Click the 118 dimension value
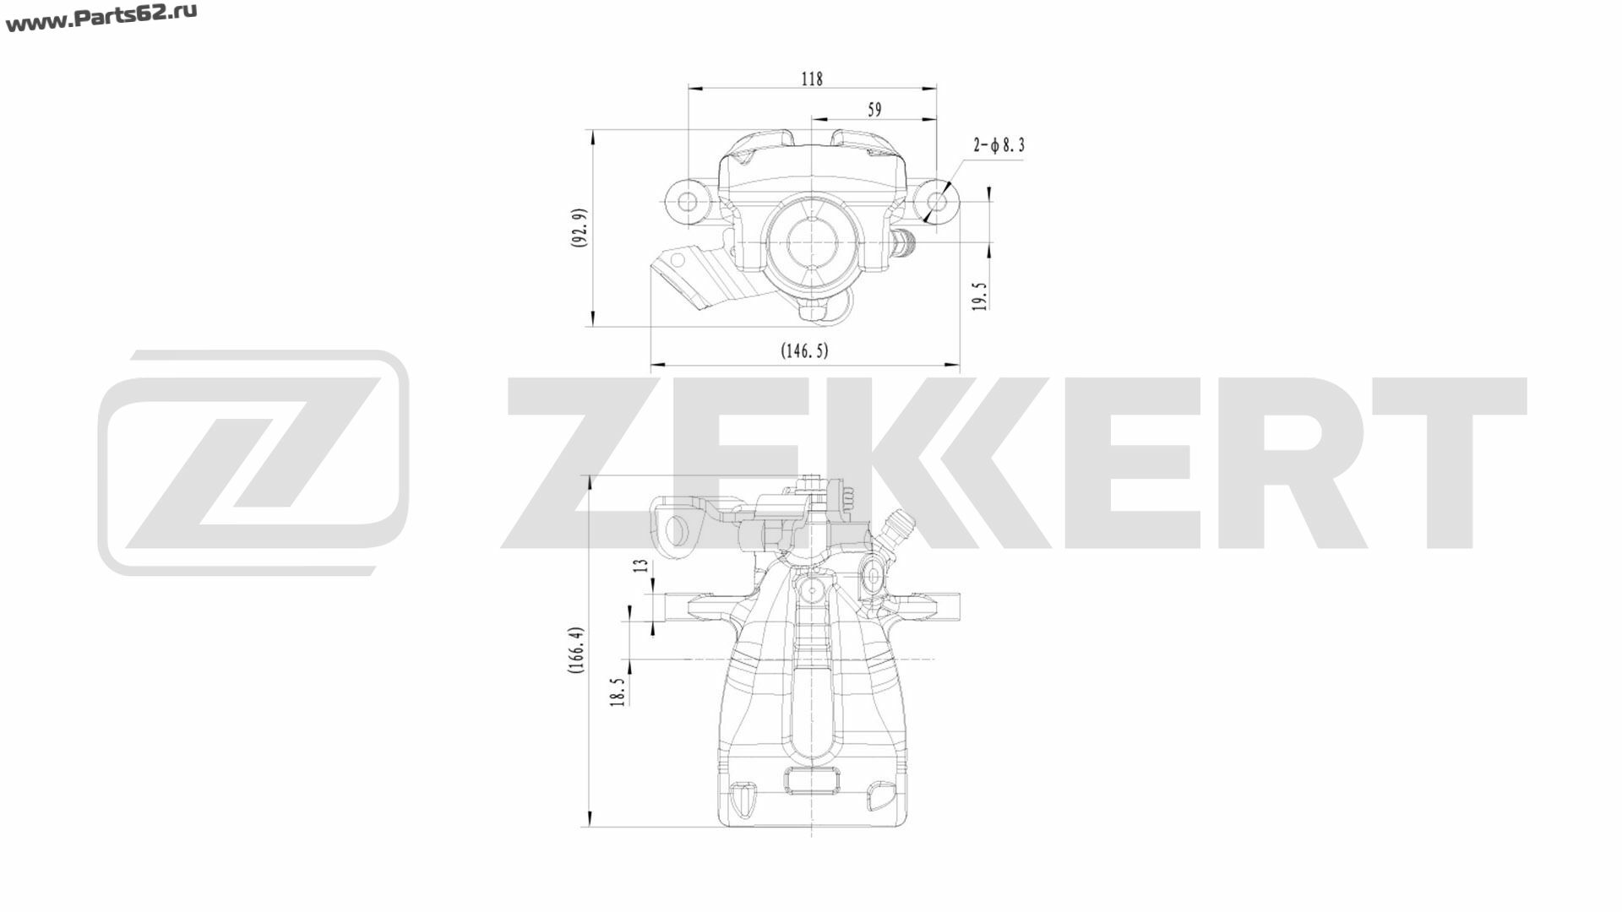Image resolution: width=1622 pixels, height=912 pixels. pos(811,79)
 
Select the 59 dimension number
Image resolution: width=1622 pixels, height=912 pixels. pos(874,109)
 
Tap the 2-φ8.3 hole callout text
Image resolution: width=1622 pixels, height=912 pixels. pos(999,145)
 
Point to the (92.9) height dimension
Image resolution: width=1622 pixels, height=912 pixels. pos(580,227)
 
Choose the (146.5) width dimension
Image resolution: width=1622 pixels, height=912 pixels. pos(804,350)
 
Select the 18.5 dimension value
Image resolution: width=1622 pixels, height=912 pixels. pos(618,692)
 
